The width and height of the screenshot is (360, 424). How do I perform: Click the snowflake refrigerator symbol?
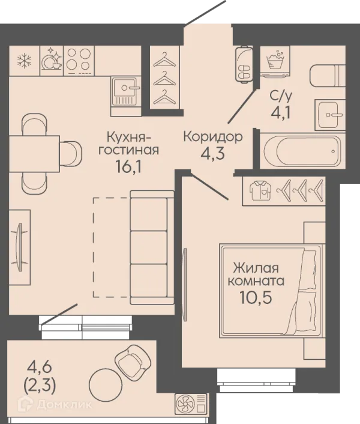click(x=25, y=61)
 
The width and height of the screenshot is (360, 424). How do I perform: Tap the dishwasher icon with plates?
click(x=52, y=59)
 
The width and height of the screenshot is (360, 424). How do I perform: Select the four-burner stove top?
click(x=79, y=61)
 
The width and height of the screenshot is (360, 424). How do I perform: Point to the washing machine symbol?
click(x=275, y=61)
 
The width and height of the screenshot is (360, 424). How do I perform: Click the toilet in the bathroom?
click(x=328, y=76)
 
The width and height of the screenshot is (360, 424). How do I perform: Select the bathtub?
click(x=302, y=151)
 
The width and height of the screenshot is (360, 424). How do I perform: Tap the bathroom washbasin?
click(x=330, y=115)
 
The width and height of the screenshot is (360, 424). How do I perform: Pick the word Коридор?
click(x=213, y=138)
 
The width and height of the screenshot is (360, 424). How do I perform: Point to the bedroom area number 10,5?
click(x=255, y=298)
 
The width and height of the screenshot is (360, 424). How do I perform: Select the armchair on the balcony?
click(x=133, y=359)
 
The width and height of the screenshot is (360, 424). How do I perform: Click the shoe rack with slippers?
click(x=244, y=64)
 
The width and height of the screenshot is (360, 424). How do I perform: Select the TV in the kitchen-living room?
click(x=19, y=247)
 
